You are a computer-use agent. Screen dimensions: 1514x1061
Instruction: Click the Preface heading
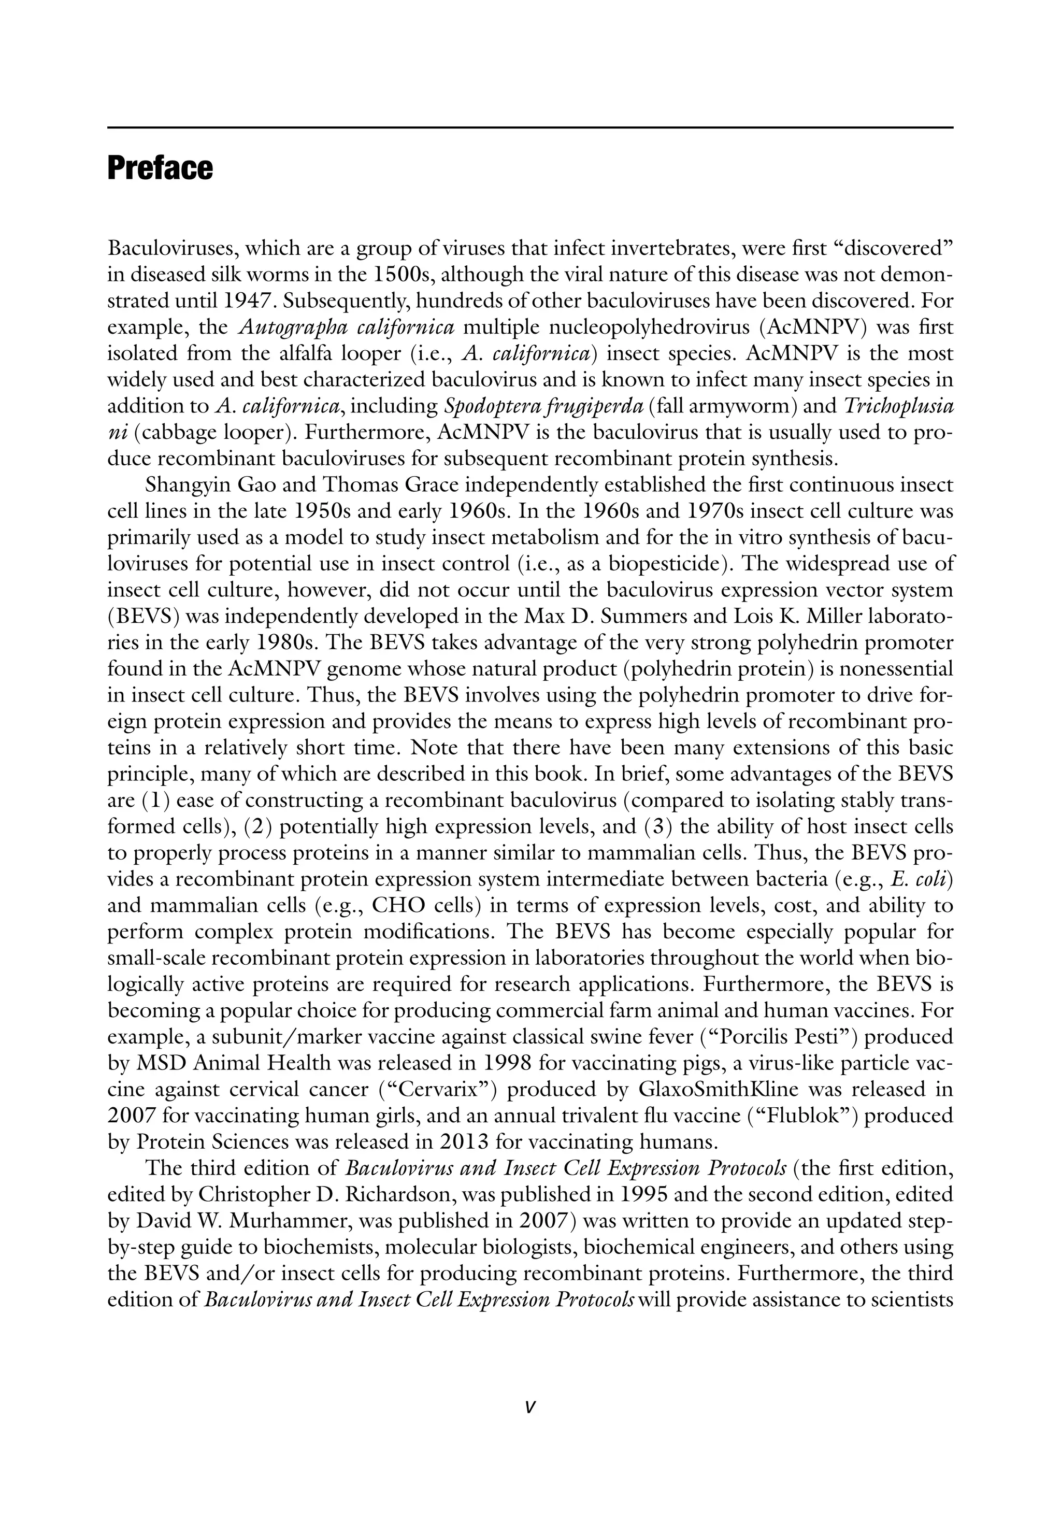coord(160,169)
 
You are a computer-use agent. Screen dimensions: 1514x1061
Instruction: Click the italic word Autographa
coord(290,328)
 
